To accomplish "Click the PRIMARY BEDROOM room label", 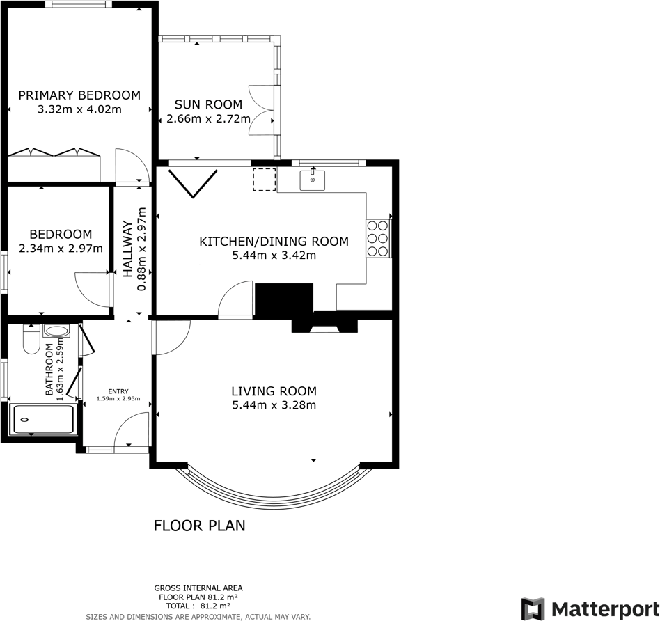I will [x=79, y=95].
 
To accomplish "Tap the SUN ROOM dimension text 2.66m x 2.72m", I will [x=203, y=118].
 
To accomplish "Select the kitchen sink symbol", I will [x=313, y=180].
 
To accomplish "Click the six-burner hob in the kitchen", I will [x=378, y=238].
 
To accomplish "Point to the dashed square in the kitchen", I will [x=264, y=180].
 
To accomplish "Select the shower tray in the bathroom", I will [x=42, y=420].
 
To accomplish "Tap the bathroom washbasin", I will [x=56, y=331].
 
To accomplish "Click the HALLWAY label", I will [x=128, y=249].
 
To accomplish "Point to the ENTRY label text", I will [x=118, y=391].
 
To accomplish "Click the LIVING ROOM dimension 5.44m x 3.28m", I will [x=274, y=405].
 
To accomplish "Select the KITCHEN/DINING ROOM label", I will [x=274, y=242].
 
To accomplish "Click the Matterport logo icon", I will [x=533, y=608].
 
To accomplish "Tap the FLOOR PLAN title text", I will [x=199, y=526].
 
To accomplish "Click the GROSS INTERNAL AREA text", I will [x=198, y=588].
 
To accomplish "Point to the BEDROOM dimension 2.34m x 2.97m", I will [x=61, y=249].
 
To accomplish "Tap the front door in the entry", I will [x=132, y=432].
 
